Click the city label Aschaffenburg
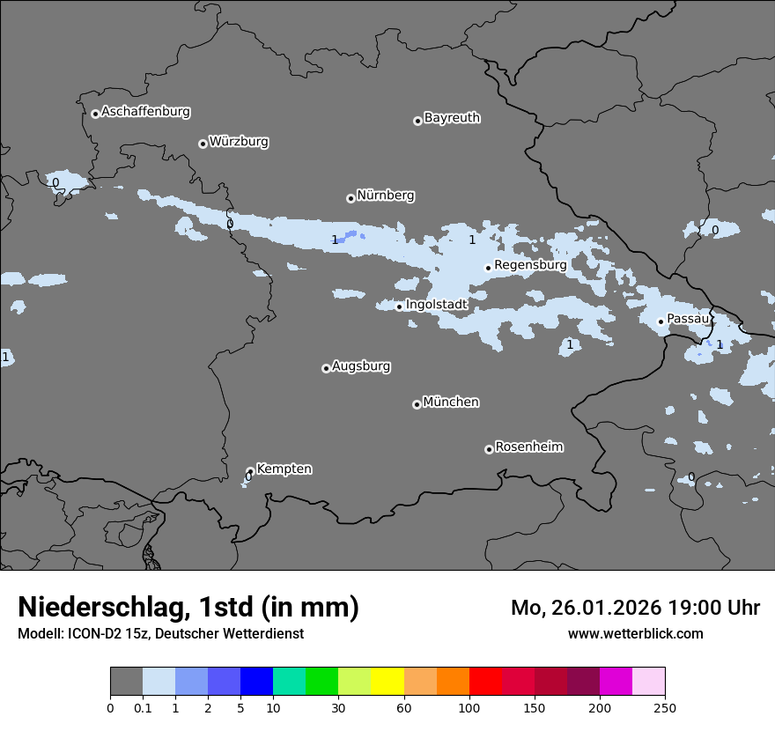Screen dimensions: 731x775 (x=145, y=112)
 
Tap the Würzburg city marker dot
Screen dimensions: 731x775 (x=203, y=144)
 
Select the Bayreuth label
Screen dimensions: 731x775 (x=452, y=118)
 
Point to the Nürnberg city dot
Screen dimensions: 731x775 (x=351, y=198)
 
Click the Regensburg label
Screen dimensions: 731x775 (x=530, y=264)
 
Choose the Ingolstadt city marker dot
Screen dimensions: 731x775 (x=399, y=306)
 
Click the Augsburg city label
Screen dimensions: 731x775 (x=361, y=365)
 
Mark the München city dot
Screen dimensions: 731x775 (x=417, y=404)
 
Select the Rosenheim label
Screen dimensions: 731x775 (x=528, y=447)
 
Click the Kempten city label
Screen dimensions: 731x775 (x=284, y=469)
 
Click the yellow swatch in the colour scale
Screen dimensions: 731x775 (x=387, y=682)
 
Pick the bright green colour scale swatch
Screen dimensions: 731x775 (x=321, y=682)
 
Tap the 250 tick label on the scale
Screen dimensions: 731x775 (x=665, y=707)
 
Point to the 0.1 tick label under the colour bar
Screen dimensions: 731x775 (x=143, y=707)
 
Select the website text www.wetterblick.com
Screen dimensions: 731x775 (x=635, y=633)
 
